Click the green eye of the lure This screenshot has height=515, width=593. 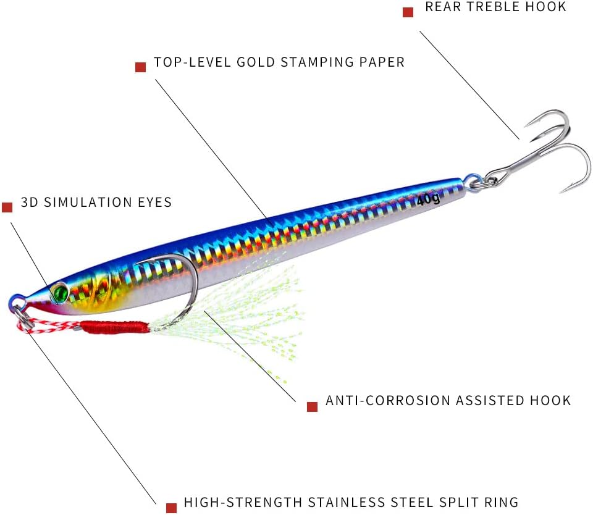pyautogui.click(x=60, y=292)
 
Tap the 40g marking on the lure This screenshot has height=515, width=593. pyautogui.click(x=429, y=199)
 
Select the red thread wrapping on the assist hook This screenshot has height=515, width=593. pyautogui.click(x=115, y=327)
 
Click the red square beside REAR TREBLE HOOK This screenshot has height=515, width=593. pyautogui.click(x=408, y=12)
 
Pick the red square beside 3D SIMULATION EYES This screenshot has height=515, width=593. pyautogui.click(x=7, y=207)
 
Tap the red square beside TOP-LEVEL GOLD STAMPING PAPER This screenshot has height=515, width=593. pyautogui.click(x=141, y=67)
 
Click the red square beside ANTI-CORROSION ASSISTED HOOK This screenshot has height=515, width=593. pyautogui.click(x=312, y=406)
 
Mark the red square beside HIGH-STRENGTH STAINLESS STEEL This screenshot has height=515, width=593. pyautogui.click(x=171, y=508)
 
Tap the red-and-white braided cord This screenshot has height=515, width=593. pyautogui.click(x=49, y=326)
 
